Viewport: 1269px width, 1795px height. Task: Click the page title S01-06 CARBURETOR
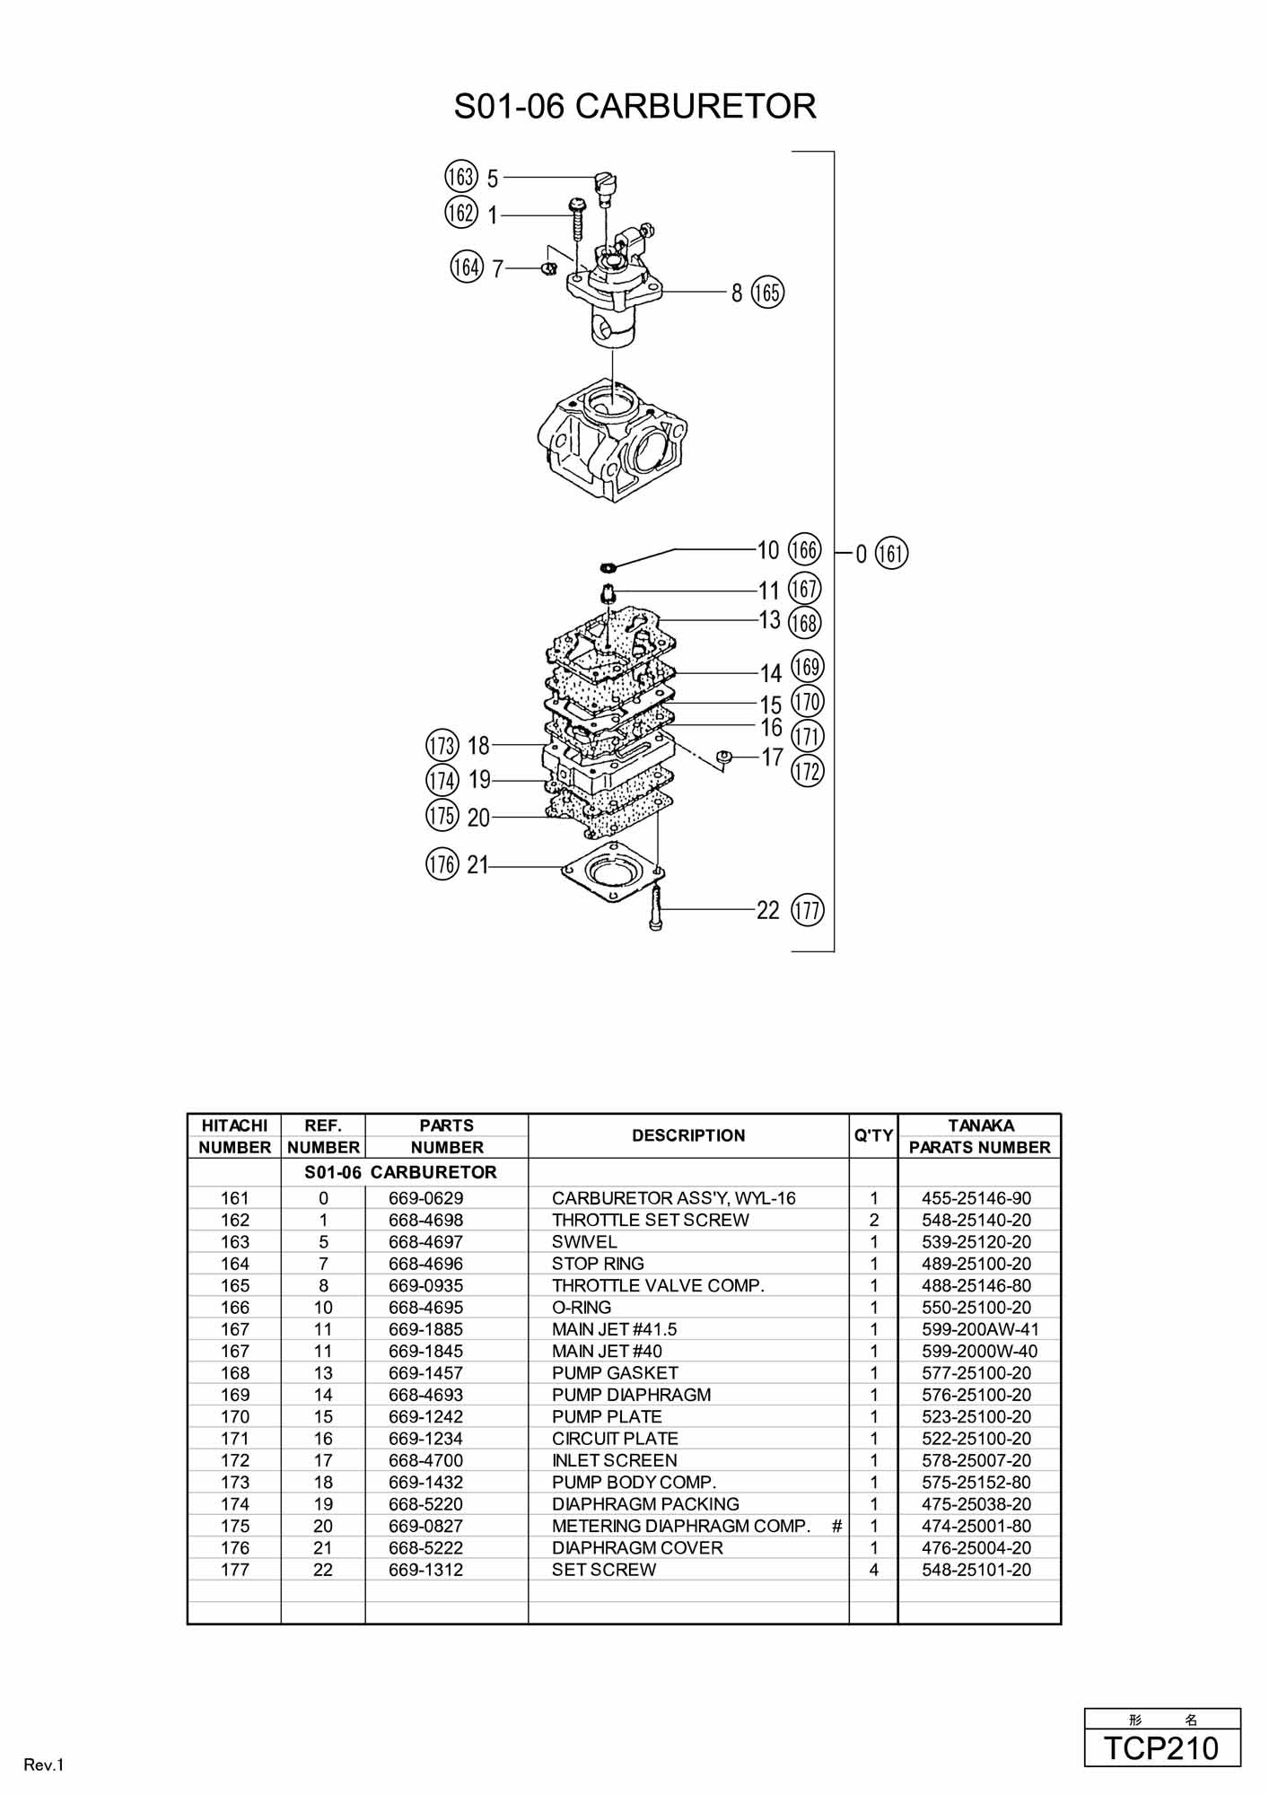pyautogui.click(x=634, y=106)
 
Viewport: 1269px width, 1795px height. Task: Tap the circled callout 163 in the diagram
pyautogui.click(x=460, y=177)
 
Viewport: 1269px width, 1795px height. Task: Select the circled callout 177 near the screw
pyautogui.click(x=808, y=910)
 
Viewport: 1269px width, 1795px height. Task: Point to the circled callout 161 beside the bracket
pyautogui.click(x=891, y=552)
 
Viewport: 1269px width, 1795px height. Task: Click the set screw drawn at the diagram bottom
pyautogui.click(x=655, y=907)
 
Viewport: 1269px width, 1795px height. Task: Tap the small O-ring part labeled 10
pyautogui.click(x=608, y=565)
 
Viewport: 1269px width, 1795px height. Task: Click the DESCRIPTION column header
pyautogui.click(x=688, y=1135)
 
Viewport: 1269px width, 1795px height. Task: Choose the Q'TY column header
pyautogui.click(x=873, y=1135)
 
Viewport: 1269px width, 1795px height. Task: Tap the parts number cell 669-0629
pyautogui.click(x=426, y=1198)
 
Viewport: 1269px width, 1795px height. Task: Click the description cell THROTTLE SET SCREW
pyautogui.click(x=651, y=1220)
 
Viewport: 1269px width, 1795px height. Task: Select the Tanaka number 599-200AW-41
pyautogui.click(x=980, y=1329)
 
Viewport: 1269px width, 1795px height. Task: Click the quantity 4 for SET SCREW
pyautogui.click(x=874, y=1570)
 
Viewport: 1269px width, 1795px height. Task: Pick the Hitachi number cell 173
pyautogui.click(x=235, y=1482)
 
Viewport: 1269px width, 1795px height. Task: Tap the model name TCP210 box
pyautogui.click(x=1162, y=1747)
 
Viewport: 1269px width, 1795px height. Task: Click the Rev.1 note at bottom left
pyautogui.click(x=44, y=1765)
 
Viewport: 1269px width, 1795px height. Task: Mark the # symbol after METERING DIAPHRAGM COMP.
pyautogui.click(x=837, y=1526)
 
